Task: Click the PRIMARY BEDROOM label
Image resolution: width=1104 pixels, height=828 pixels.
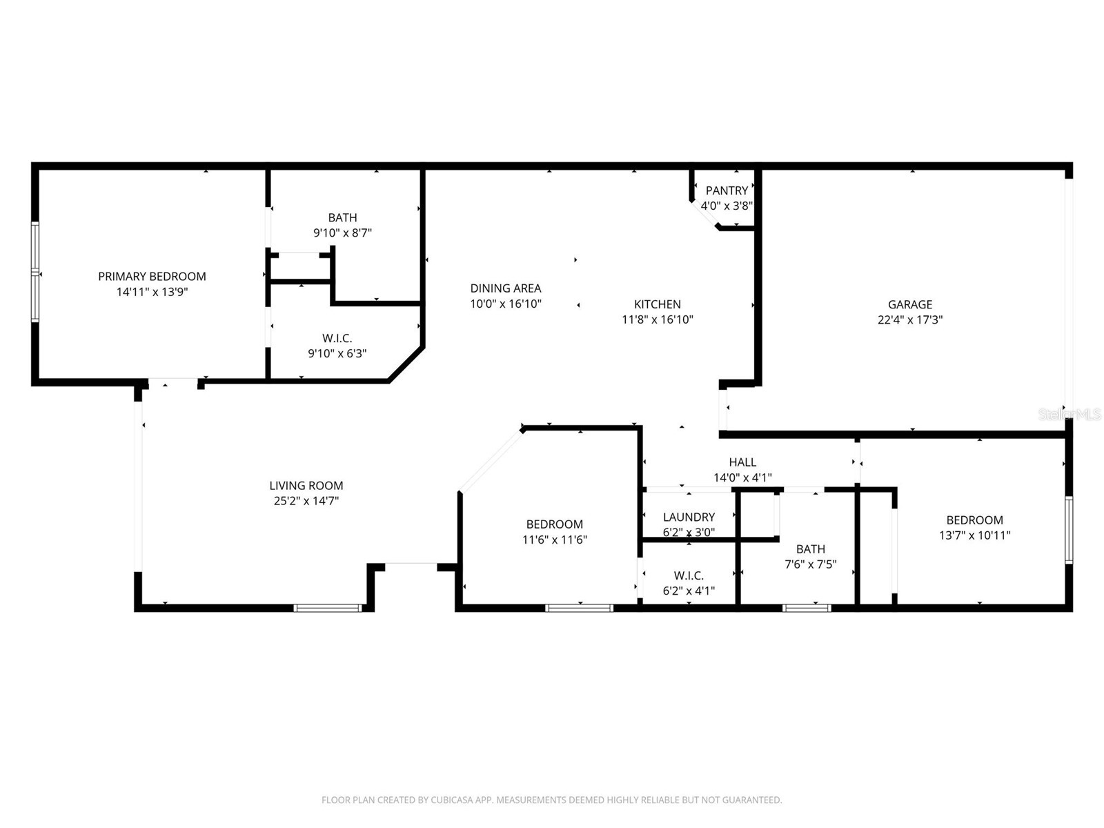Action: (152, 276)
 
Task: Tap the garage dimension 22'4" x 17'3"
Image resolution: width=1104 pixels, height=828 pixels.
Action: (909, 319)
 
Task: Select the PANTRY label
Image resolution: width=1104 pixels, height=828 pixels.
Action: (727, 190)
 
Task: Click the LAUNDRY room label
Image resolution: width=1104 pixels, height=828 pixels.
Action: (689, 517)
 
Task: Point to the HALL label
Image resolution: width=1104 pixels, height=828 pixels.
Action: (742, 462)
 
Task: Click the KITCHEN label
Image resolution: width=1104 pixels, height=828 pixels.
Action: (657, 304)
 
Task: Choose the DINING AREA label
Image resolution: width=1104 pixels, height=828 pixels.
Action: (505, 288)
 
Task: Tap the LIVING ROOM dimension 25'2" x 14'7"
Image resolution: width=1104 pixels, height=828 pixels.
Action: (306, 501)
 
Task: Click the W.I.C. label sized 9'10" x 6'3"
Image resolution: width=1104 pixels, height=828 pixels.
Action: (337, 338)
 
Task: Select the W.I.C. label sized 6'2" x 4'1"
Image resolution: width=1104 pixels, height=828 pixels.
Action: (689, 575)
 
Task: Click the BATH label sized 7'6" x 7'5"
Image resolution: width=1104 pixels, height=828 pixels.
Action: (810, 549)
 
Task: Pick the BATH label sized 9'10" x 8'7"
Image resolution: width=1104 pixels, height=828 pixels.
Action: (342, 217)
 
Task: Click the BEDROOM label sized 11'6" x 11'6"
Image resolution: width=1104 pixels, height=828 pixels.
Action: (554, 524)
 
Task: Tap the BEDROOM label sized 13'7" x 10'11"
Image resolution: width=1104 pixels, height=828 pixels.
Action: (974, 520)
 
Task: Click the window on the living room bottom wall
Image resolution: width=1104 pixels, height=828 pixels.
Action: (328, 608)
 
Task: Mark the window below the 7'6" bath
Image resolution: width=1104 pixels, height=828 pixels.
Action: (807, 608)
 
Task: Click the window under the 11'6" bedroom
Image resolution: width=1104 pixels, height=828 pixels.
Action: (579, 608)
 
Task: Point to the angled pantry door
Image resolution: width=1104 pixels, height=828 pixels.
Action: (704, 214)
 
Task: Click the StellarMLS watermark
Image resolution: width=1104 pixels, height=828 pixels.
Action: (1069, 414)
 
